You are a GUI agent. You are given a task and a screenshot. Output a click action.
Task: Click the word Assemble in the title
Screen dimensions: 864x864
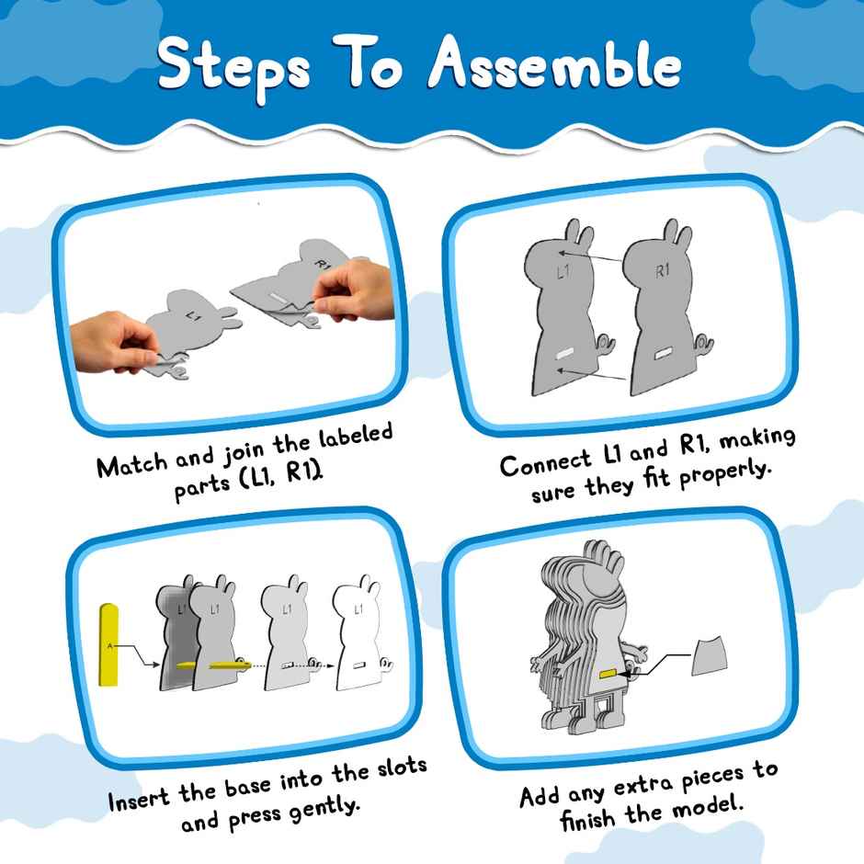(557, 67)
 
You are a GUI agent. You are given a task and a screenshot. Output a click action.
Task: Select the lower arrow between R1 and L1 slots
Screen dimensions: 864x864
(593, 369)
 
